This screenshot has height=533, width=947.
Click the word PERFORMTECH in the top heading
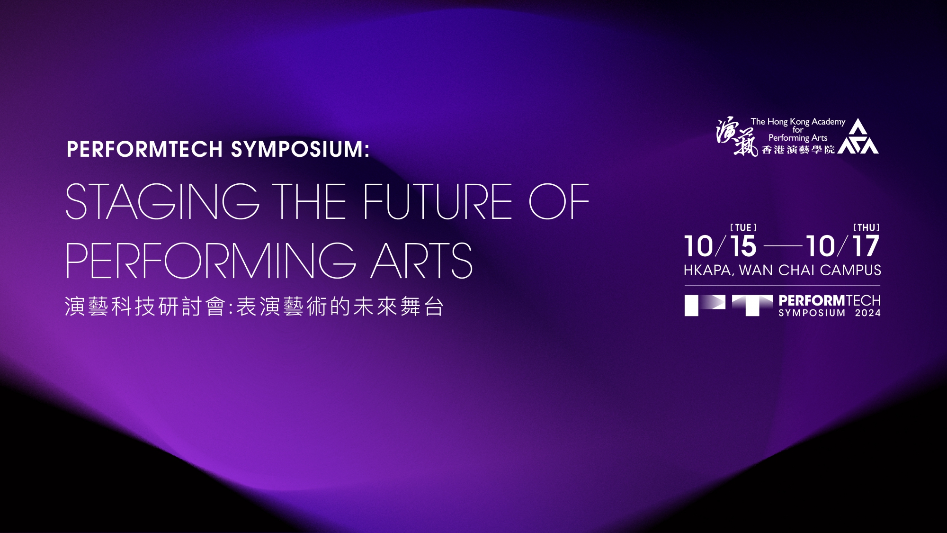click(145, 149)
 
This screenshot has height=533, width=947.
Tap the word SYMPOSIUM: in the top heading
click(300, 149)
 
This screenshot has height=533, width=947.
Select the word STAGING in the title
click(162, 202)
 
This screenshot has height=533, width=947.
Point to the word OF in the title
click(559, 202)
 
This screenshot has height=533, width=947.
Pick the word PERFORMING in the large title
click(211, 261)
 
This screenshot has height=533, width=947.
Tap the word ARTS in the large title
click(421, 261)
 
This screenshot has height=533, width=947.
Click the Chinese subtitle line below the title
click(254, 307)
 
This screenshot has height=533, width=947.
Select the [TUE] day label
click(743, 228)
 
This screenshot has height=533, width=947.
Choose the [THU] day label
click(867, 228)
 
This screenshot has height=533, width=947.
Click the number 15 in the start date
click(743, 246)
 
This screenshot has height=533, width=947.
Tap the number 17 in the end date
click(866, 246)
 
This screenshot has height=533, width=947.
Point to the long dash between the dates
click(783, 246)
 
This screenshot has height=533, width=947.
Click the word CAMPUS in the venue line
click(850, 271)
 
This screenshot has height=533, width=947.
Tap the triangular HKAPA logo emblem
click(858, 136)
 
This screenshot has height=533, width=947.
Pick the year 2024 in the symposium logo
click(868, 313)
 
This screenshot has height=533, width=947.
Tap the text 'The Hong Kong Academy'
click(798, 122)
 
